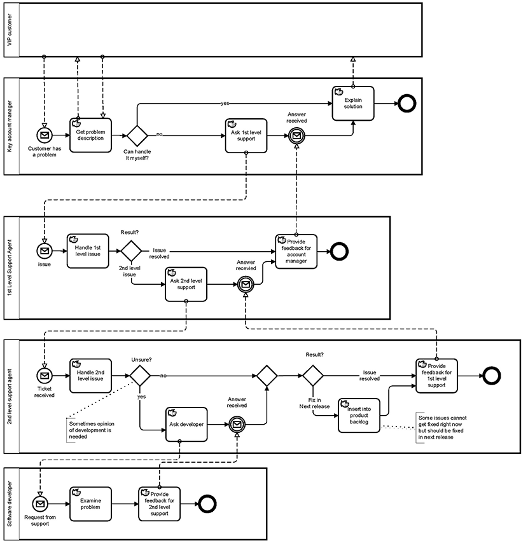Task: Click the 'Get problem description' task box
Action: (90, 135)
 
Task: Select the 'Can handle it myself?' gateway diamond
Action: (137, 135)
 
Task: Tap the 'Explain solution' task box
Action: (352, 103)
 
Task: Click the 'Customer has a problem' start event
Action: (44, 135)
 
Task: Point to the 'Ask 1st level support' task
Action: (246, 135)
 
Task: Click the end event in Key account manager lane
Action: (406, 103)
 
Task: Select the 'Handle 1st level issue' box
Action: (88, 250)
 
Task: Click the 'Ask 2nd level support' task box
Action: (186, 284)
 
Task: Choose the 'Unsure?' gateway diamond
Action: (140, 376)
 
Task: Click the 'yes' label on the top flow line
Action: (225, 103)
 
